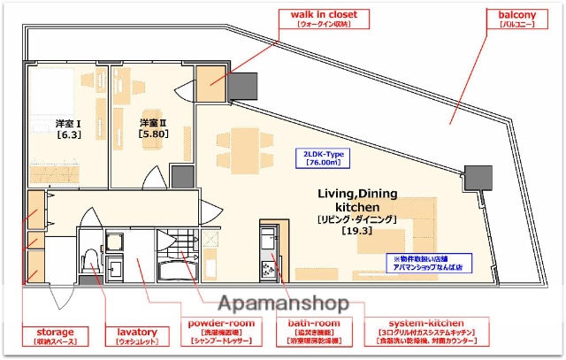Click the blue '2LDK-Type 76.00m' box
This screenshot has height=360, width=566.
point(324,158)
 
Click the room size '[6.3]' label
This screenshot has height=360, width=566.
point(69,135)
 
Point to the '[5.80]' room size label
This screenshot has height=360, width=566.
point(153,133)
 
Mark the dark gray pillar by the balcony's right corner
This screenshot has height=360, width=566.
point(478,176)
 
